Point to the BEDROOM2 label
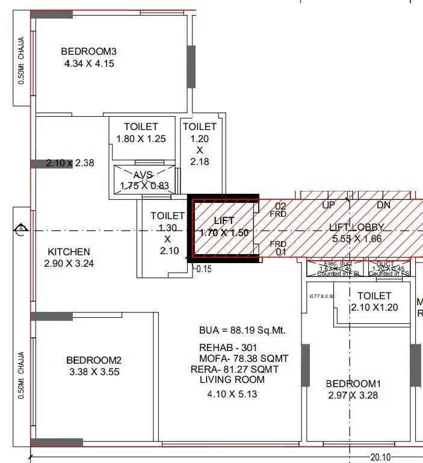[94, 360]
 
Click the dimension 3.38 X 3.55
[94, 372]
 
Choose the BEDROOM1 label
[354, 384]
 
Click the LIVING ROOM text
[232, 380]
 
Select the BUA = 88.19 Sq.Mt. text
[242, 331]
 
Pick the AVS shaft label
[144, 175]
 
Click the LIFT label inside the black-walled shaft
[224, 222]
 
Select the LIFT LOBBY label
[357, 227]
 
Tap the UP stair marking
[329, 205]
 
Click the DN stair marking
[384, 205]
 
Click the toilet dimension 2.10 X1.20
[374, 307]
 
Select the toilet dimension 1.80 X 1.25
[141, 138]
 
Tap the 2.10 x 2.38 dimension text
[70, 163]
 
